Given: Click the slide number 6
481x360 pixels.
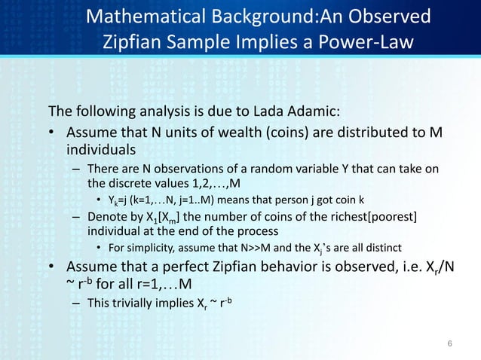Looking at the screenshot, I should tap(449, 344).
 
